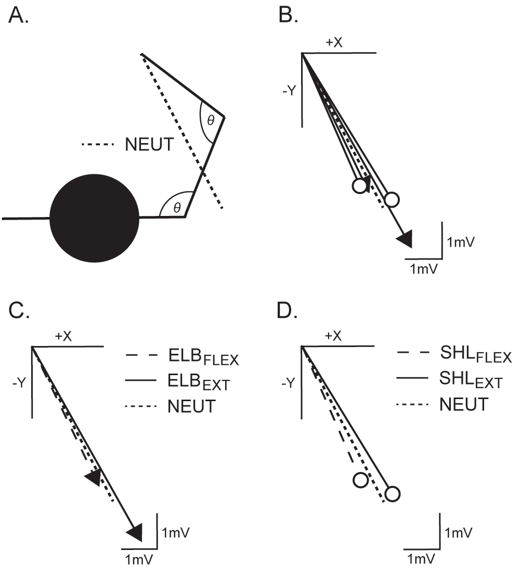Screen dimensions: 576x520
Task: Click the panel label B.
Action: click(288, 16)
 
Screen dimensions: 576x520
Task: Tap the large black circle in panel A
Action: click(95, 219)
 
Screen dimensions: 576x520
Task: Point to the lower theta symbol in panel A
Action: click(177, 208)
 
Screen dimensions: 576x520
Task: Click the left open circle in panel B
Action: click(359, 186)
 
